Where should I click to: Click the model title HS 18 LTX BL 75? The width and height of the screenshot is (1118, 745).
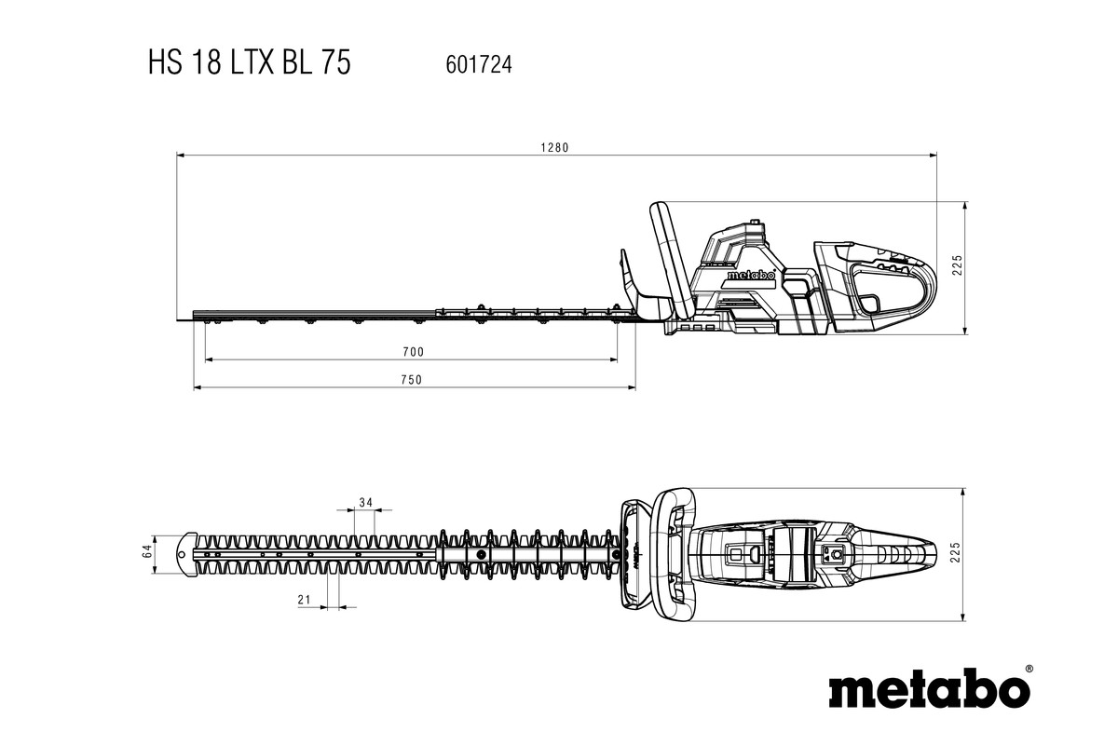pos(249,62)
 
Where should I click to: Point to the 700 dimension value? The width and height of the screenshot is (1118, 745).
pos(413,351)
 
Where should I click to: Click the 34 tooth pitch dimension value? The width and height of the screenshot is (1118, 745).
pos(365,503)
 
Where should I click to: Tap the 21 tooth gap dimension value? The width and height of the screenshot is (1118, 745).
pos(304,601)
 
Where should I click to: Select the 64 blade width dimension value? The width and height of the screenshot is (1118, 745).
pos(147,552)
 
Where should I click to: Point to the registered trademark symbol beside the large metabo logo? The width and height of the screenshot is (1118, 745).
pos(1029,669)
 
